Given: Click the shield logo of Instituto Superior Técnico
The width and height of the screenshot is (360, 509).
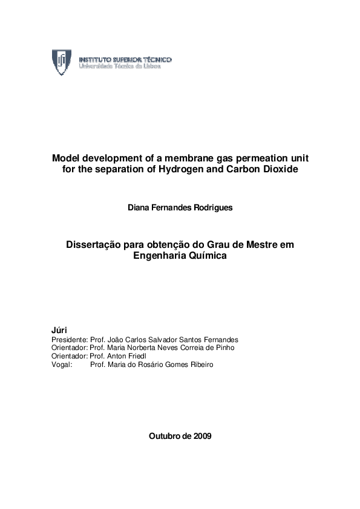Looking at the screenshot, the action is (62, 62).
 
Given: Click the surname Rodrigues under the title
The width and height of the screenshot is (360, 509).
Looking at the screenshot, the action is (211, 207).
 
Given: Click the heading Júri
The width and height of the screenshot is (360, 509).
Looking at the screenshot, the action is (61, 331).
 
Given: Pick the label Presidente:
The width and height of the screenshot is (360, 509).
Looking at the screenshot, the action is (70, 340).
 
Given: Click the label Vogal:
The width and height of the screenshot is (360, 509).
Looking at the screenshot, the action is (62, 365).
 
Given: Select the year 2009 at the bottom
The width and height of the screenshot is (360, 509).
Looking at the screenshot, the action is (201, 436).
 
